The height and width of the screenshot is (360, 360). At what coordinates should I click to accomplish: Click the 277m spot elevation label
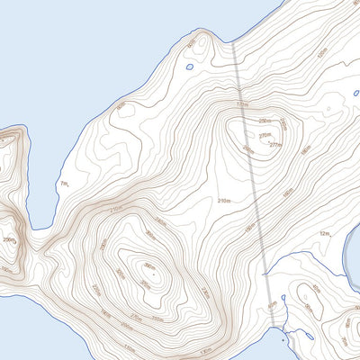(x=275, y=144)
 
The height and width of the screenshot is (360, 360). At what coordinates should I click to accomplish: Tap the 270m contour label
(x=264, y=136)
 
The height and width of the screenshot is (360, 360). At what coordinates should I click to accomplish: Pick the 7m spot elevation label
(x=63, y=184)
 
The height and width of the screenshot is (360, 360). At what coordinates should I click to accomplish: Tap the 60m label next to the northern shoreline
(x=320, y=51)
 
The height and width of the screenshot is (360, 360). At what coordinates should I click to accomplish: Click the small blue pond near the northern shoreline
(x=189, y=66)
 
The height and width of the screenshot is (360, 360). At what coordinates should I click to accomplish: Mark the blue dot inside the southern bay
(x=283, y=342)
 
